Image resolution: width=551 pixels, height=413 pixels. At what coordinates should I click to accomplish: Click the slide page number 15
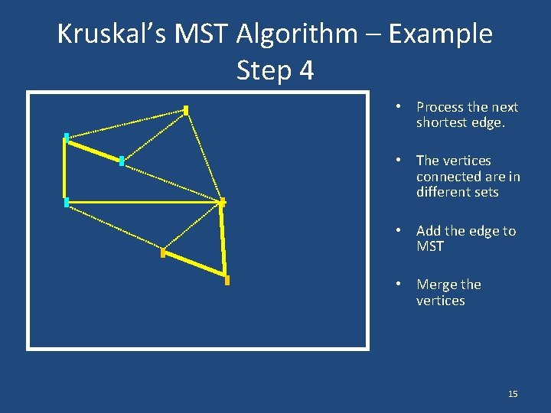click(x=513, y=394)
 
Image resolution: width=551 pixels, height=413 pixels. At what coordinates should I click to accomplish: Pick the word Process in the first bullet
click(x=439, y=107)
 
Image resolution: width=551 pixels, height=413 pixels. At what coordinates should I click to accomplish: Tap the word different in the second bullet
click(x=442, y=193)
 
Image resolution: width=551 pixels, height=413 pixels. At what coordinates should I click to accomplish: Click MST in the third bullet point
click(x=430, y=247)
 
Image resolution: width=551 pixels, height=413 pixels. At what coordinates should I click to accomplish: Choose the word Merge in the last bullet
click(x=436, y=285)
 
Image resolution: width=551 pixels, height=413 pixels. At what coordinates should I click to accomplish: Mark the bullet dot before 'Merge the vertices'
click(x=399, y=284)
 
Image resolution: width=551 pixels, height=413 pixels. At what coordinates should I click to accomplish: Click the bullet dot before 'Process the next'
click(x=399, y=106)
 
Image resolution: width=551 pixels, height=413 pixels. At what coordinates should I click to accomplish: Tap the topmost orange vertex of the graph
click(x=186, y=110)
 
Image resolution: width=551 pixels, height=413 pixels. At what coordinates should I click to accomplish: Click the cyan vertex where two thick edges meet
click(x=67, y=138)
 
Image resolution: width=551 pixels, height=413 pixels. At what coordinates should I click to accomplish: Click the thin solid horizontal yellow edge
click(x=145, y=202)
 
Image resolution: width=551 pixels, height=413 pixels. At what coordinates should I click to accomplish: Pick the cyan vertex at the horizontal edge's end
click(x=67, y=202)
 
